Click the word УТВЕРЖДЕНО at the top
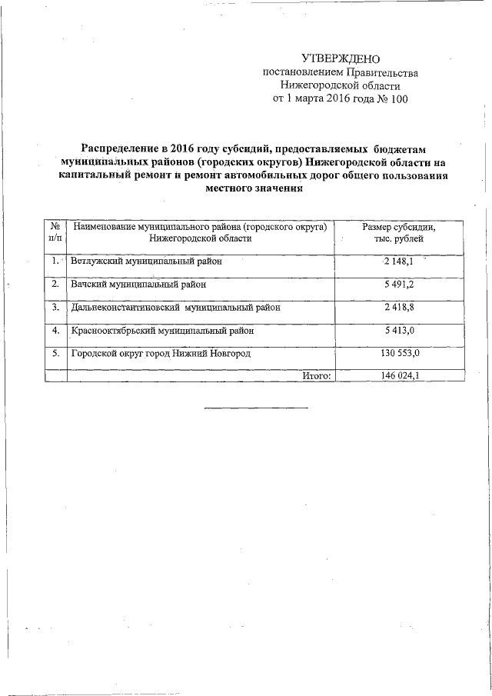pos(341,58)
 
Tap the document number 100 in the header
pos(396,99)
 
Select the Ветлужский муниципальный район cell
pos(145,261)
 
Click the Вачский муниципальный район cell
pos(138,285)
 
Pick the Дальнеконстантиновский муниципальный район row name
pos(175,307)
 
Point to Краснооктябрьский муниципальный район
pos(162,331)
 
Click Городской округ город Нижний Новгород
pos(161,354)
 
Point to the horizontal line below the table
pos(256,407)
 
